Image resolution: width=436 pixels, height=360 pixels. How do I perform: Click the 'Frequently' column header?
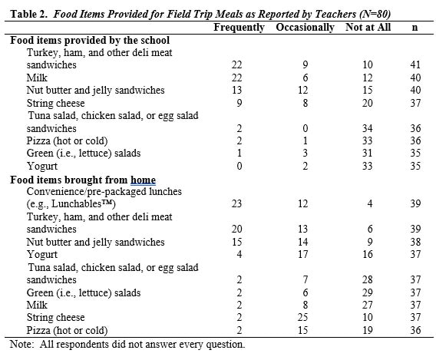click(x=239, y=28)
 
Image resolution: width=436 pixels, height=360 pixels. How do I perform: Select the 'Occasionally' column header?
click(x=304, y=28)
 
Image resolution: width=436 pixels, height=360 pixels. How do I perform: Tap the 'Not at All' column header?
click(x=368, y=28)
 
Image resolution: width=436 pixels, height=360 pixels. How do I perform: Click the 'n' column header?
click(x=415, y=28)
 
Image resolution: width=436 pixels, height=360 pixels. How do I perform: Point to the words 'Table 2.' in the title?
click(x=26, y=13)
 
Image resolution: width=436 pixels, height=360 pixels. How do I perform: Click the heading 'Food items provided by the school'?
click(x=90, y=40)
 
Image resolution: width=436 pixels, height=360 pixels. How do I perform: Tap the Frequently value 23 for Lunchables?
click(x=237, y=204)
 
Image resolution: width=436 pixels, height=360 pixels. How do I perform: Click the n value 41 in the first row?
click(x=415, y=65)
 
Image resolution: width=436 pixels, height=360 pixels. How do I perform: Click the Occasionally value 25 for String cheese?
click(x=303, y=317)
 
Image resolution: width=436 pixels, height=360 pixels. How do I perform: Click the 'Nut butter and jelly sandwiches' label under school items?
click(x=95, y=90)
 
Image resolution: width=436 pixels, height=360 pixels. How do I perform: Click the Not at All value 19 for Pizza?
click(x=368, y=330)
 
